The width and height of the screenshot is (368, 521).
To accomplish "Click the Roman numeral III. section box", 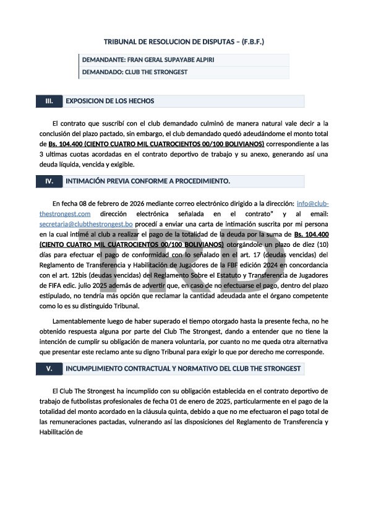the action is pos(49,101).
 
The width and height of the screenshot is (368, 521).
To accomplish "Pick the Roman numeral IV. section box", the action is pos(49,181).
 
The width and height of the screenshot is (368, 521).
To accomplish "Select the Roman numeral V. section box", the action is pos(49,369).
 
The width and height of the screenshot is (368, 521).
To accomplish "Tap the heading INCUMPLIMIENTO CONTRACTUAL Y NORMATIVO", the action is pos(183,369).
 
